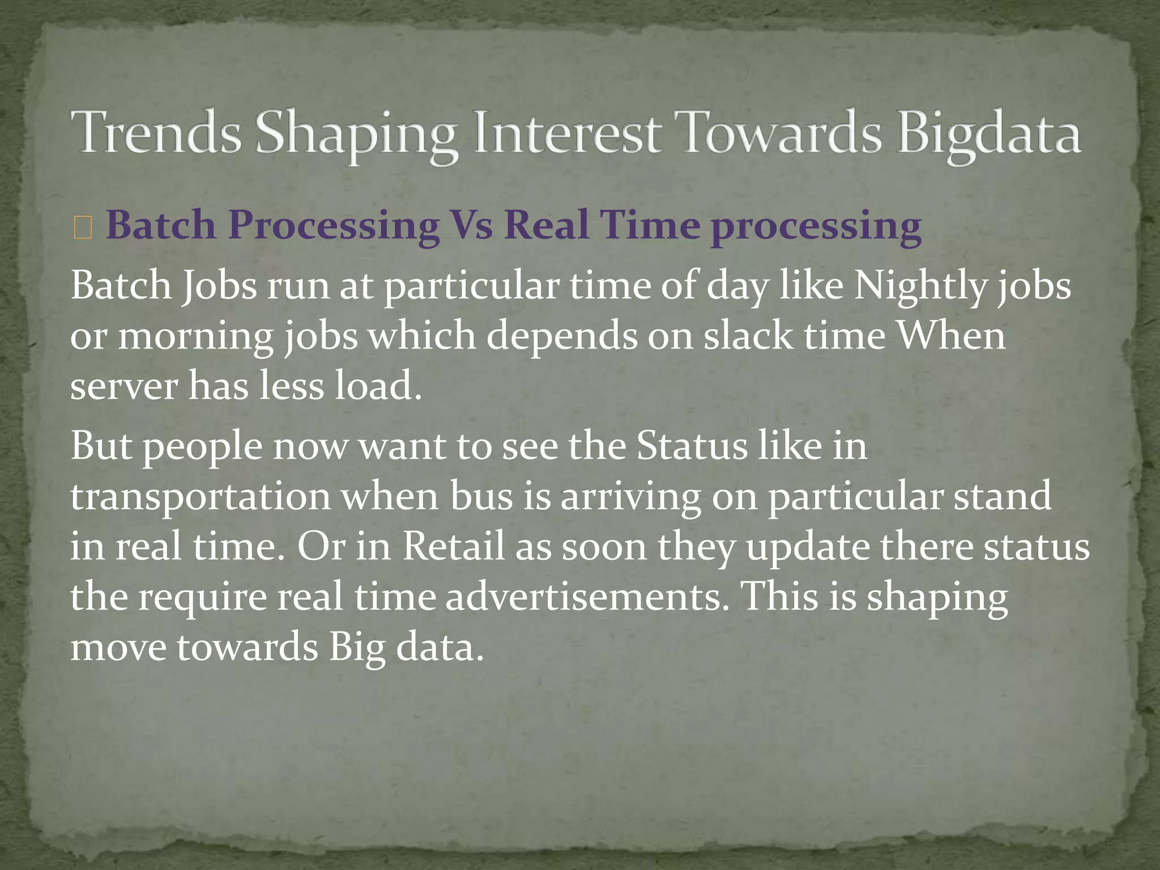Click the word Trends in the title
(x=156, y=133)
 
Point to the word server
(x=124, y=386)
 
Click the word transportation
(x=200, y=497)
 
